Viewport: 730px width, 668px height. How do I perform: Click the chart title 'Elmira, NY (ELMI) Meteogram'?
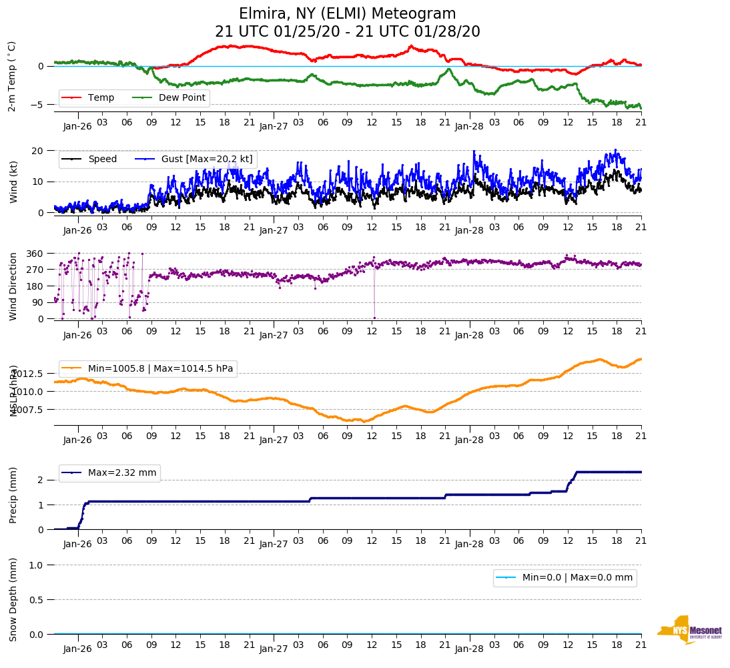[347, 14]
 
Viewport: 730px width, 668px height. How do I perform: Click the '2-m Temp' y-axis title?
[12, 76]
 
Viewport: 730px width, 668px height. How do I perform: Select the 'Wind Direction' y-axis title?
[13, 286]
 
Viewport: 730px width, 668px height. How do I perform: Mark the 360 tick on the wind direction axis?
[35, 254]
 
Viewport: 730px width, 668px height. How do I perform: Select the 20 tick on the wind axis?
[39, 150]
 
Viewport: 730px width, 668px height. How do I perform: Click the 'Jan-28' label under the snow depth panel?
[468, 649]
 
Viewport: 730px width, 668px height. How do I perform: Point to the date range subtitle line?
[347, 32]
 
